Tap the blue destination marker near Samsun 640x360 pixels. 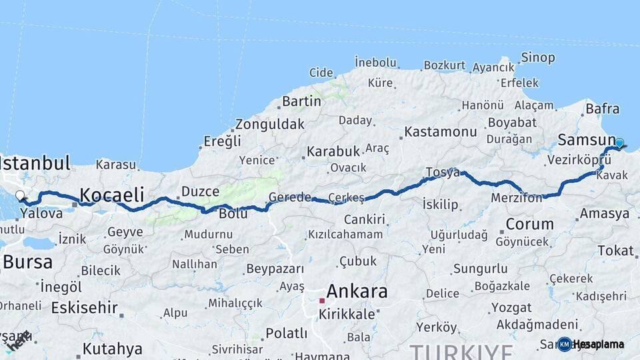pos(619,143)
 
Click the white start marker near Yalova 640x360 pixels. pos(20,196)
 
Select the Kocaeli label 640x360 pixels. pos(112,195)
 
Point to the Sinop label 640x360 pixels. pos(537,57)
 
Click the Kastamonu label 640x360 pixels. pos(441,131)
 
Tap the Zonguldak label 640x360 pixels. pos(269,124)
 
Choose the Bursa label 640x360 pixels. pos(27,262)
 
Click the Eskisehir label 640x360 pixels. pos(84,308)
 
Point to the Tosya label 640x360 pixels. pos(443,173)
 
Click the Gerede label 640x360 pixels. pos(289,197)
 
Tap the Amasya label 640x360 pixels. pos(604,214)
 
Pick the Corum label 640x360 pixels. pos(529,224)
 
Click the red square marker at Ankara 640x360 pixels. pos(321,301)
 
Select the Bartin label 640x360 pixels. pos(301,101)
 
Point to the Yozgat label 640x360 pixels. pos(511,308)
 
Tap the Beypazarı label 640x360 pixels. pos(275,269)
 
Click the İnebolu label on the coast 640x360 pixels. pos(375,62)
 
